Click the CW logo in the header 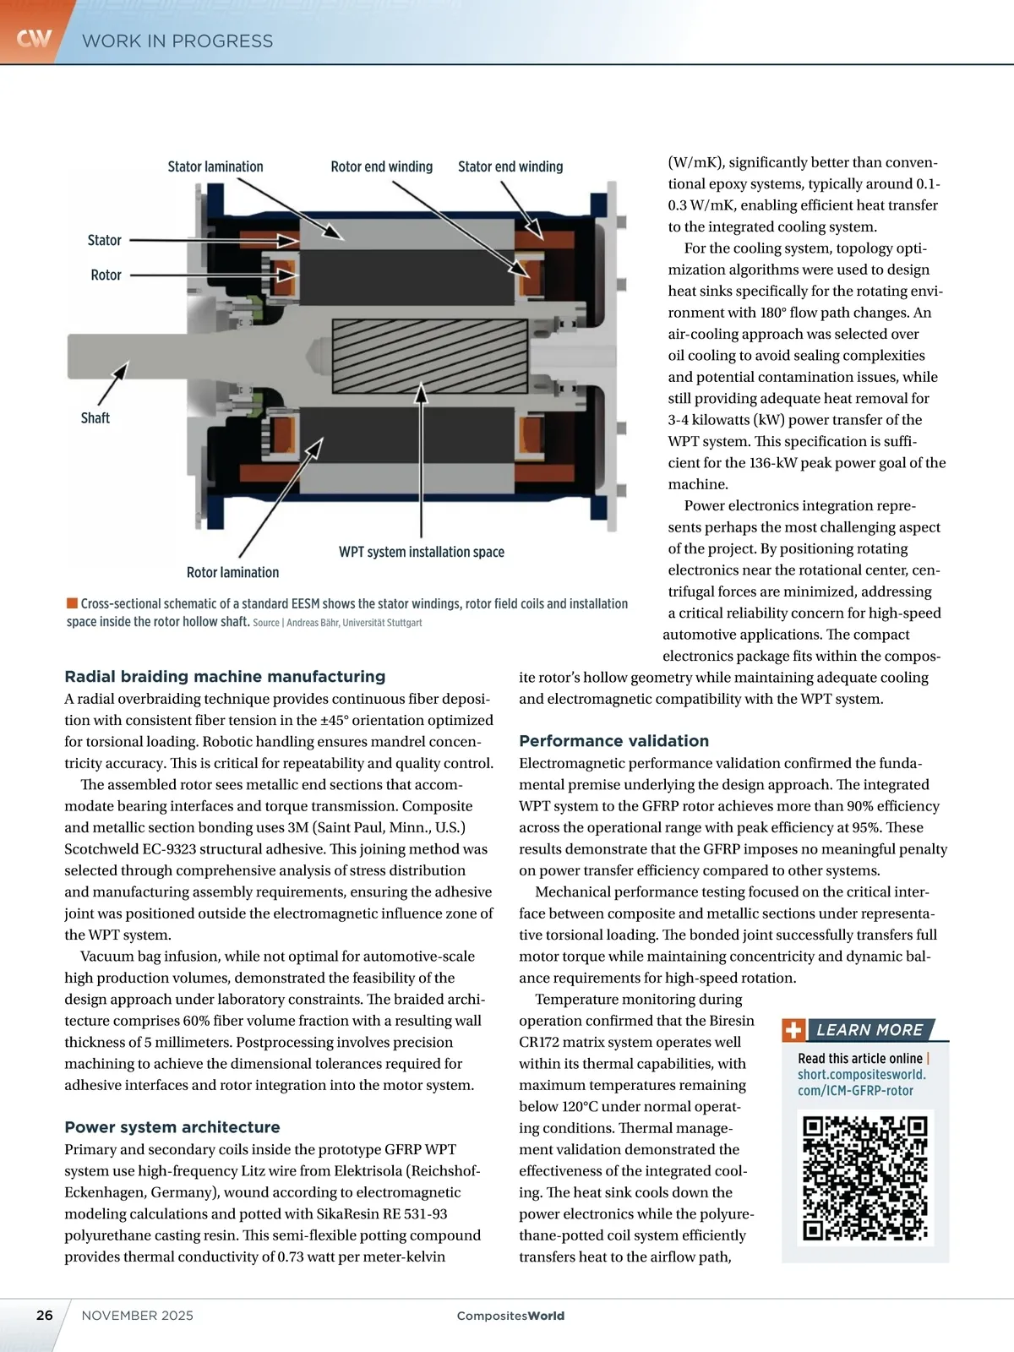(x=34, y=38)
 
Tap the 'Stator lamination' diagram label (x=215, y=166)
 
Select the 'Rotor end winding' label (x=381, y=166)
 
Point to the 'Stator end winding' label (x=510, y=166)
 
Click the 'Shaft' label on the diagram (x=95, y=417)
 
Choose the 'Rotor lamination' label (x=232, y=572)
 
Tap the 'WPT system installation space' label (x=422, y=552)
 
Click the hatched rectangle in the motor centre (x=420, y=356)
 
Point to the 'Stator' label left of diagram (x=105, y=240)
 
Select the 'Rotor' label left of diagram (x=106, y=275)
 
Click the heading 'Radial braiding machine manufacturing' (x=225, y=676)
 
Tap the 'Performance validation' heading (x=613, y=740)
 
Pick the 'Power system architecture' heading (x=172, y=1126)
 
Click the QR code (x=864, y=1177)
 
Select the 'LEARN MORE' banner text (x=870, y=1030)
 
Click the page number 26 (x=45, y=1315)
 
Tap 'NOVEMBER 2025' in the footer (x=138, y=1315)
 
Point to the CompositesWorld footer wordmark (x=510, y=1316)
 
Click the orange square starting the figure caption (x=72, y=603)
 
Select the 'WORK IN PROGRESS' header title (x=177, y=41)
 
